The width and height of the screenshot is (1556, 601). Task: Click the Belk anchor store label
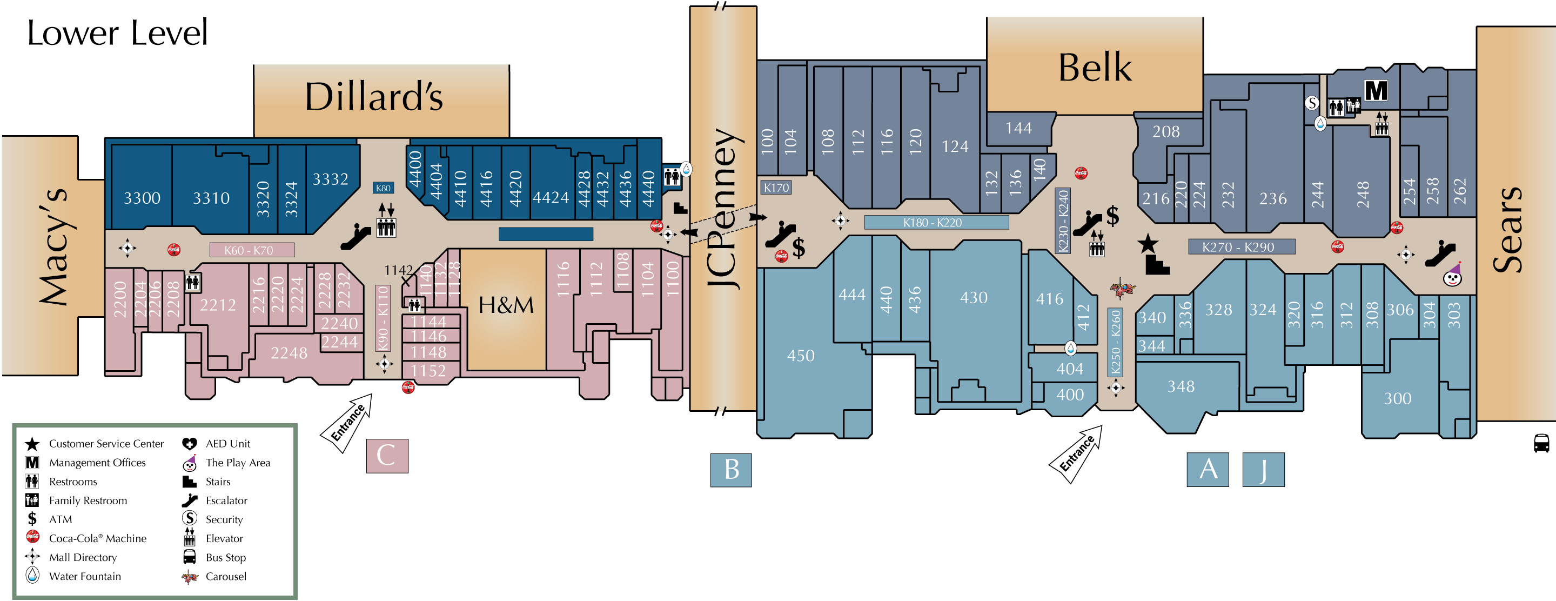pos(1095,67)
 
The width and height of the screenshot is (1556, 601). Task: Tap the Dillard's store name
pos(374,97)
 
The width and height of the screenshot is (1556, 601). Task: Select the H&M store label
pos(506,305)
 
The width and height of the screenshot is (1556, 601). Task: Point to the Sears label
pos(1508,230)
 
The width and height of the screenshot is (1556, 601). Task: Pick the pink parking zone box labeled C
pos(387,456)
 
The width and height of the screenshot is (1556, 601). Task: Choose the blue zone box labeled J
pos(1263,469)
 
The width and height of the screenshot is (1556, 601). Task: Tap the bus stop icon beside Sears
pos(1541,443)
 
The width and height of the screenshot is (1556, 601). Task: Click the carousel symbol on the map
pos(1122,288)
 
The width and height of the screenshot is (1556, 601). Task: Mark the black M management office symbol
pos(1376,91)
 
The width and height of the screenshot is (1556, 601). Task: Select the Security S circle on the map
pos(1311,103)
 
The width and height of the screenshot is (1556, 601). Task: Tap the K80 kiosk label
pos(383,188)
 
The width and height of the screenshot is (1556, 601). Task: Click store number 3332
pos(330,179)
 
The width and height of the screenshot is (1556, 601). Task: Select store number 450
pos(800,356)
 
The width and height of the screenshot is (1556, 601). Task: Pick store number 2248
pos(289,353)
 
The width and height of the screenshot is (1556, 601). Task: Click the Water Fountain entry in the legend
pos(85,576)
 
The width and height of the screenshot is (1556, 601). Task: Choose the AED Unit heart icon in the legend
pos(189,444)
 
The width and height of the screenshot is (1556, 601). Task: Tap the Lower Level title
pos(117,32)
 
